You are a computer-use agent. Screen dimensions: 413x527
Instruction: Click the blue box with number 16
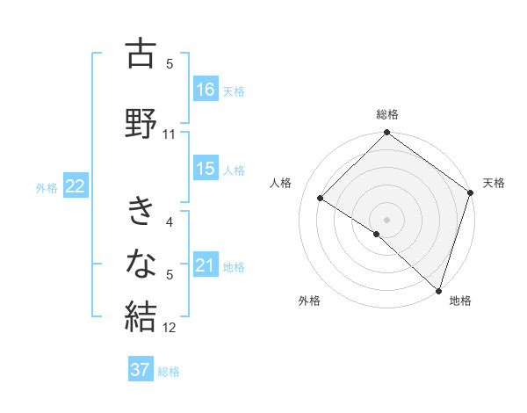[x=206, y=90]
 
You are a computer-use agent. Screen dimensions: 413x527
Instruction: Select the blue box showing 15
[x=206, y=170]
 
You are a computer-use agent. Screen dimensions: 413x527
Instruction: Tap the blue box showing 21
[x=206, y=266]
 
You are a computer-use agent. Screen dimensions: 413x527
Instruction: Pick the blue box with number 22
[x=76, y=186]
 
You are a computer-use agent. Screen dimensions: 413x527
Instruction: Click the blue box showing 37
[x=141, y=370]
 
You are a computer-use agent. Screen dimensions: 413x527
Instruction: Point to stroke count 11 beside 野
[x=170, y=134]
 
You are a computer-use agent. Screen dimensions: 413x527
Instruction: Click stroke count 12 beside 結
[x=170, y=329]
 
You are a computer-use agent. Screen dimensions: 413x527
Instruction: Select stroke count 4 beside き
[x=170, y=222]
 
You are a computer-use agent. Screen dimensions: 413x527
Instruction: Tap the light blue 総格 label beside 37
[x=169, y=372]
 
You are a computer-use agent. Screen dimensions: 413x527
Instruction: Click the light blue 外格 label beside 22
[x=47, y=187]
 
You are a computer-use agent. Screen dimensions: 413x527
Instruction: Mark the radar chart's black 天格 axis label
[x=494, y=183]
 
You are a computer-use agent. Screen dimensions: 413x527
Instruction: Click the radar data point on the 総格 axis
[x=386, y=134]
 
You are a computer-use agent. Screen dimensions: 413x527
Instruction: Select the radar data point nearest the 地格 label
[x=437, y=289]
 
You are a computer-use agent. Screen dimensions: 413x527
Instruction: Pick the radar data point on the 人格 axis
[x=321, y=198]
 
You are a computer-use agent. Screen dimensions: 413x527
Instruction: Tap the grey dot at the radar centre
[x=386, y=219]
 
